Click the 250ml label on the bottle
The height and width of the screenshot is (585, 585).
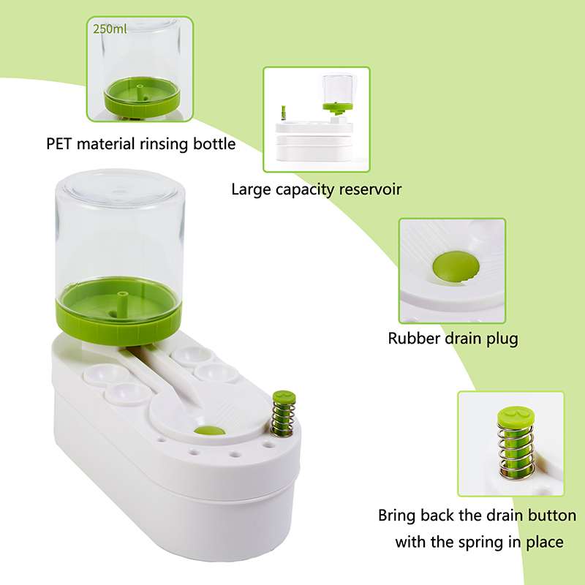tap(110, 29)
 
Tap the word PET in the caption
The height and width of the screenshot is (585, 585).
tap(58, 143)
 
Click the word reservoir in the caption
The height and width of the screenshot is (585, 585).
tap(370, 189)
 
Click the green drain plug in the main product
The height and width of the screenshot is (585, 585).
tap(209, 431)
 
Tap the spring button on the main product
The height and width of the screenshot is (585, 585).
tap(283, 413)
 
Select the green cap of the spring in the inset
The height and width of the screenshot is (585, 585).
tap(516, 417)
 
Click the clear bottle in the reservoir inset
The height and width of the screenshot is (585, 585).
tap(338, 89)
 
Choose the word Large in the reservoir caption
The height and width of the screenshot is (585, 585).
tap(251, 189)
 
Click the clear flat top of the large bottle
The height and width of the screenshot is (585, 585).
tap(119, 189)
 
